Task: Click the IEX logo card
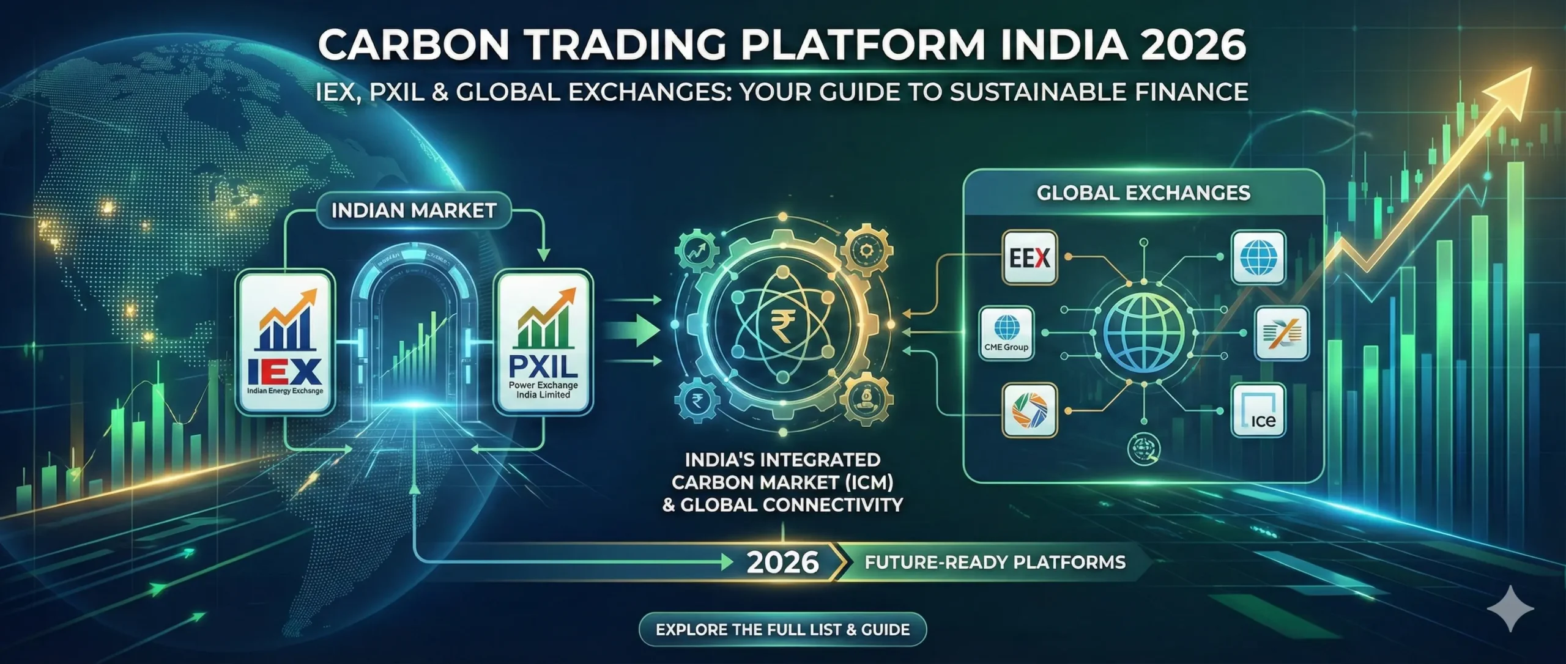coord(285,343)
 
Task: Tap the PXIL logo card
coord(543,343)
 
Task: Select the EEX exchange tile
coord(1030,258)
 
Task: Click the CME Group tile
coord(1006,334)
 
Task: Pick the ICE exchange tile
coord(1258,410)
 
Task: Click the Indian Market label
coord(414,211)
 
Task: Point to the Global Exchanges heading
coord(1143,193)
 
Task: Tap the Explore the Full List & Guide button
coord(782,630)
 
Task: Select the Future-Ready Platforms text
coord(995,562)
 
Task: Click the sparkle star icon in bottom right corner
coord(1510,608)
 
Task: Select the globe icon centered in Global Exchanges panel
coord(1143,334)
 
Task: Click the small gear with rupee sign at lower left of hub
coord(696,400)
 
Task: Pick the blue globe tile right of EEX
coord(1258,257)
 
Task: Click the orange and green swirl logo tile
coord(1030,410)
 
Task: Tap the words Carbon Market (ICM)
coord(782,482)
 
